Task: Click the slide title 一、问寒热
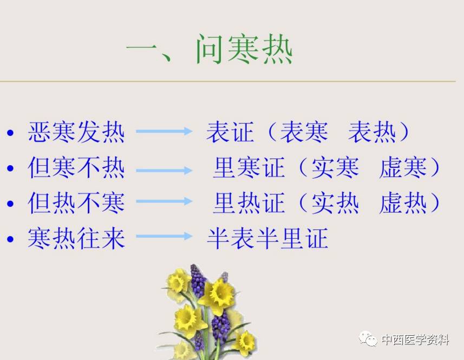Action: click(209, 49)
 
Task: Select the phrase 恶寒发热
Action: click(76, 132)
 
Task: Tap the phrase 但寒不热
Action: click(76, 167)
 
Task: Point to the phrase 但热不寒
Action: click(76, 203)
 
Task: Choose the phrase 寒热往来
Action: click(76, 238)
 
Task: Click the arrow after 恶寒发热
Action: click(164, 131)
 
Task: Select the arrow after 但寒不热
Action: click(164, 170)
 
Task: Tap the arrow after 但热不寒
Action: click(164, 201)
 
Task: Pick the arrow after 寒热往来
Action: click(164, 236)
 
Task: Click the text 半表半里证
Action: click(267, 238)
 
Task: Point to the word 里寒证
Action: click(249, 167)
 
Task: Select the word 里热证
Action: click(249, 203)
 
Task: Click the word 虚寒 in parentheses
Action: click(403, 167)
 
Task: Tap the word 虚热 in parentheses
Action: click(403, 203)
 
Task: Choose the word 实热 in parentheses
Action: click(335, 203)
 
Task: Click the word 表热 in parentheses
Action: click(372, 132)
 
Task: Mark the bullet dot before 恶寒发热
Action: click(10, 133)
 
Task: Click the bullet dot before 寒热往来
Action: click(10, 239)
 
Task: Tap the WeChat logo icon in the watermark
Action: click(368, 339)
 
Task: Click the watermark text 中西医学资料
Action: click(415, 339)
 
